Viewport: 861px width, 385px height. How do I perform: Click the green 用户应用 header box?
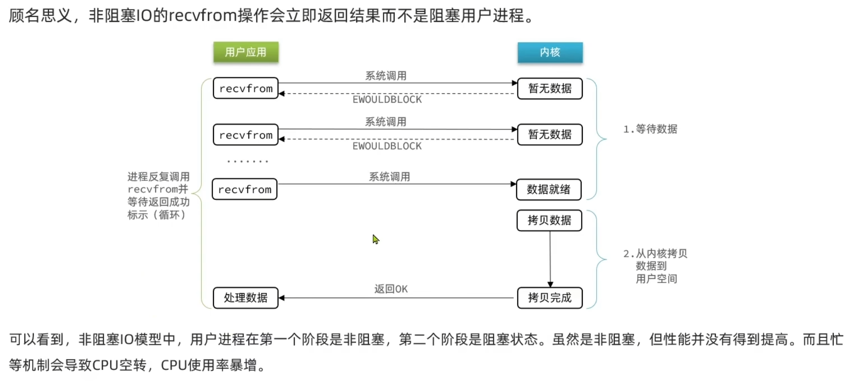pyautogui.click(x=246, y=52)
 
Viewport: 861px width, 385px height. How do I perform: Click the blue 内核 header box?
pyautogui.click(x=550, y=52)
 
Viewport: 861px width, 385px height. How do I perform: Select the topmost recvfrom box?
pyautogui.click(x=246, y=88)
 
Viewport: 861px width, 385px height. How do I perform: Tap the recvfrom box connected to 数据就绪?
pyautogui.click(x=245, y=189)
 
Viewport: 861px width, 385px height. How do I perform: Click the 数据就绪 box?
pyautogui.click(x=549, y=189)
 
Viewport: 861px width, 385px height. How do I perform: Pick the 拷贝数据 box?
pyautogui.click(x=549, y=220)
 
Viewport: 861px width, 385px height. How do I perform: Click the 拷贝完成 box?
pyautogui.click(x=550, y=298)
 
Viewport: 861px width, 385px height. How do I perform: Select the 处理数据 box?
pyautogui.click(x=246, y=298)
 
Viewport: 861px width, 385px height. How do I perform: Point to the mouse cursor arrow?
pyautogui.click(x=376, y=239)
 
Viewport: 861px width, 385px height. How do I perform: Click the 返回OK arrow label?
pyautogui.click(x=391, y=289)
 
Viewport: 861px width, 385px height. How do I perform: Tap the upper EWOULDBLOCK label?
pyautogui.click(x=387, y=100)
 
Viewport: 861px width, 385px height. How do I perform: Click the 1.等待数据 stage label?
pyautogui.click(x=650, y=129)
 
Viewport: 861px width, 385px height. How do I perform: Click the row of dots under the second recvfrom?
pyautogui.click(x=248, y=161)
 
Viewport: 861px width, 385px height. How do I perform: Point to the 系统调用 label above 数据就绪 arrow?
pyautogui.click(x=389, y=177)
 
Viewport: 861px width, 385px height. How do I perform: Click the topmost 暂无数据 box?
pyautogui.click(x=550, y=88)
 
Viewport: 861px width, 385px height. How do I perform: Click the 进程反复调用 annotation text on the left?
pyautogui.click(x=159, y=177)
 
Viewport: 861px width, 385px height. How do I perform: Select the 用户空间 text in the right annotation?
pyautogui.click(x=656, y=279)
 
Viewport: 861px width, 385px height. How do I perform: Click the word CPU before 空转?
pyautogui.click(x=105, y=365)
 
